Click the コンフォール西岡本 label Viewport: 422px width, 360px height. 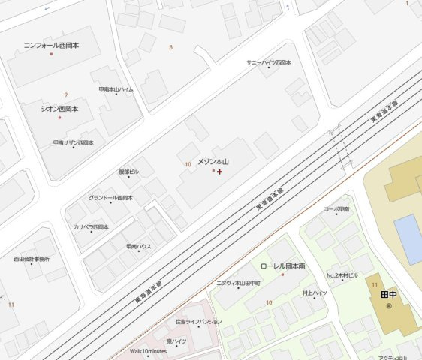(51, 46)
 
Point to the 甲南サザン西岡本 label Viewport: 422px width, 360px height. (73, 142)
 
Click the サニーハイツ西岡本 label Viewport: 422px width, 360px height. (268, 62)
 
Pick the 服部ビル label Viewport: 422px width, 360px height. (128, 172)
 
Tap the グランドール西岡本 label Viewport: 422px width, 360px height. (110, 198)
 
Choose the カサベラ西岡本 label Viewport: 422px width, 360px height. (91, 226)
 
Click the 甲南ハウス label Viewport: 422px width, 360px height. (139, 246)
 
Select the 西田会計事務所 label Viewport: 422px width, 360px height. (32, 259)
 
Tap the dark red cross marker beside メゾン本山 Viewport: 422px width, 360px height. (219, 172)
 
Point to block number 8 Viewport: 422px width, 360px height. (170, 47)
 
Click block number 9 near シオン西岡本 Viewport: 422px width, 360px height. (66, 94)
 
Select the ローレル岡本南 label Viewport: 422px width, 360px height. (282, 266)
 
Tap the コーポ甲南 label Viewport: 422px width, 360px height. (336, 209)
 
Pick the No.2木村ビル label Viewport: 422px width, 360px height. (342, 275)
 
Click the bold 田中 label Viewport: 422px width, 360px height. (388, 295)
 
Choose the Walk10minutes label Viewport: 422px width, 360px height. (148, 351)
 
